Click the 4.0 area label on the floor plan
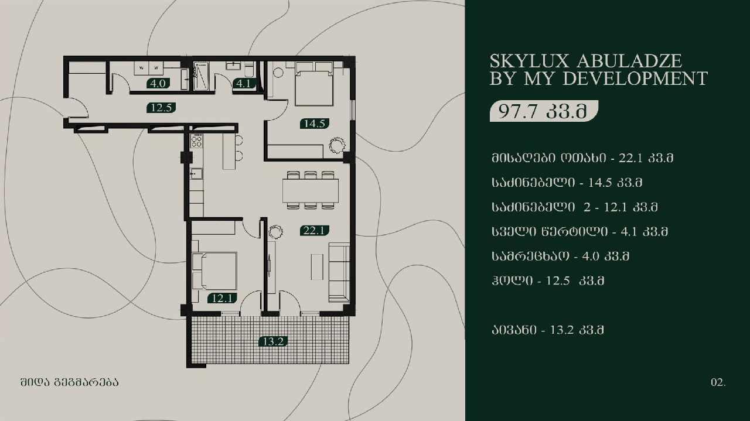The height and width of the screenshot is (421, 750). pyautogui.click(x=158, y=83)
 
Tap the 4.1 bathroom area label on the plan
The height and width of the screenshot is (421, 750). pyautogui.click(x=244, y=83)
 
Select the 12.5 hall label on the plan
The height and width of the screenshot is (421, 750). pyautogui.click(x=161, y=108)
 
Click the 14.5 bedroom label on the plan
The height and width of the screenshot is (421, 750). pyautogui.click(x=315, y=124)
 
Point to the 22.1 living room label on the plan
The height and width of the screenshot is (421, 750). pyautogui.click(x=314, y=231)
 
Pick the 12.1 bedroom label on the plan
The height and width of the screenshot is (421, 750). pyautogui.click(x=222, y=298)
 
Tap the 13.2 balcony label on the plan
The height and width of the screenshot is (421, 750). pyautogui.click(x=273, y=342)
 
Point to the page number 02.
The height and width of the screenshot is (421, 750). pyautogui.click(x=718, y=382)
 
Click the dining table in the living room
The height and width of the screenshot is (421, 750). pyautogui.click(x=311, y=190)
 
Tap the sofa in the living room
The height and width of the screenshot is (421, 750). pyautogui.click(x=339, y=272)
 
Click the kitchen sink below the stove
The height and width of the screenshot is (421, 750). pyautogui.click(x=196, y=174)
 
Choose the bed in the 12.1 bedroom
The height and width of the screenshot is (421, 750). pyautogui.click(x=214, y=271)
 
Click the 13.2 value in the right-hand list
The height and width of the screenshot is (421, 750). pyautogui.click(x=562, y=330)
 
